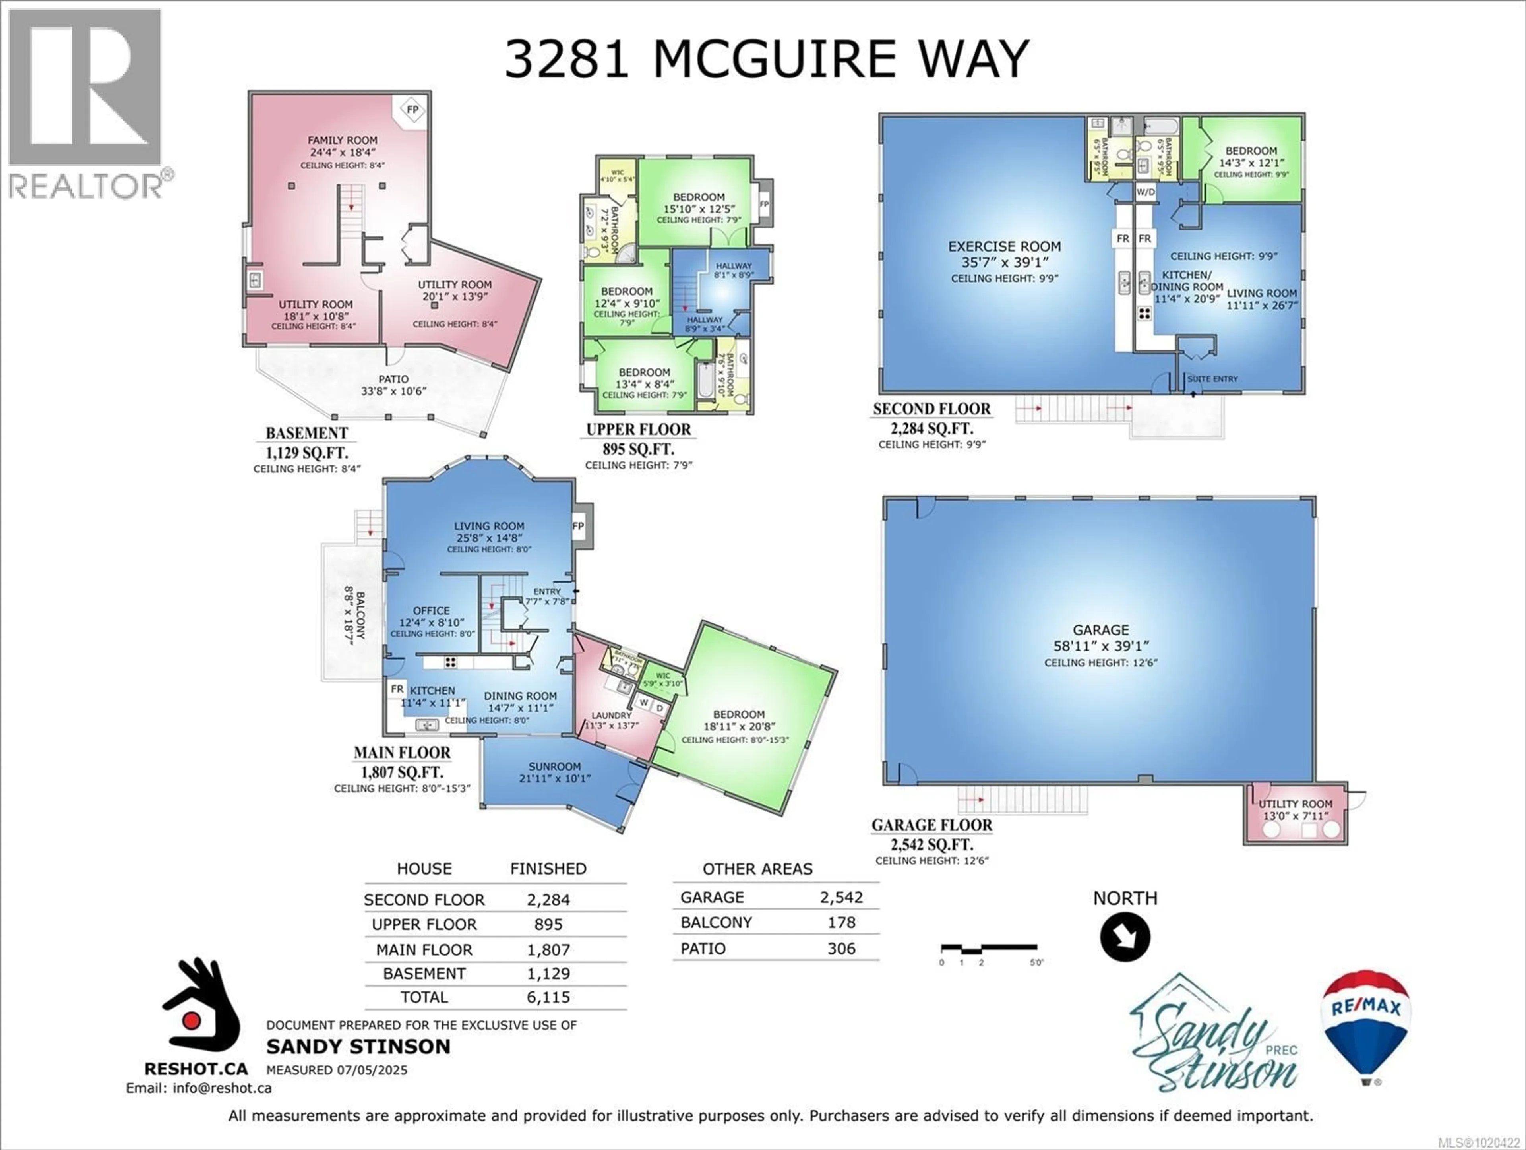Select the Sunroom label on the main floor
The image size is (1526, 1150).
555,767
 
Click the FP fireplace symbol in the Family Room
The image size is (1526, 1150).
412,110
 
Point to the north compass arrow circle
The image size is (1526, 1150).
1125,937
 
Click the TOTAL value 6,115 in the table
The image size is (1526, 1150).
548,997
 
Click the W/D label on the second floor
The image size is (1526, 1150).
1145,192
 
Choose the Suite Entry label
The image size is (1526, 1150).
1212,379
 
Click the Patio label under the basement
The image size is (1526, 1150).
393,379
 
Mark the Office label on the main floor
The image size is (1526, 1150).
431,610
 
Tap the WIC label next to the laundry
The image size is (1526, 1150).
662,676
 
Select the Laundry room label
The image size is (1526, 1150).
611,715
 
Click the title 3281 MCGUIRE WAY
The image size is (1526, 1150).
767,59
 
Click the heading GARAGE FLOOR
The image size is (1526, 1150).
931,825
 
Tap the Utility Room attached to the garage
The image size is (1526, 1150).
1295,804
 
